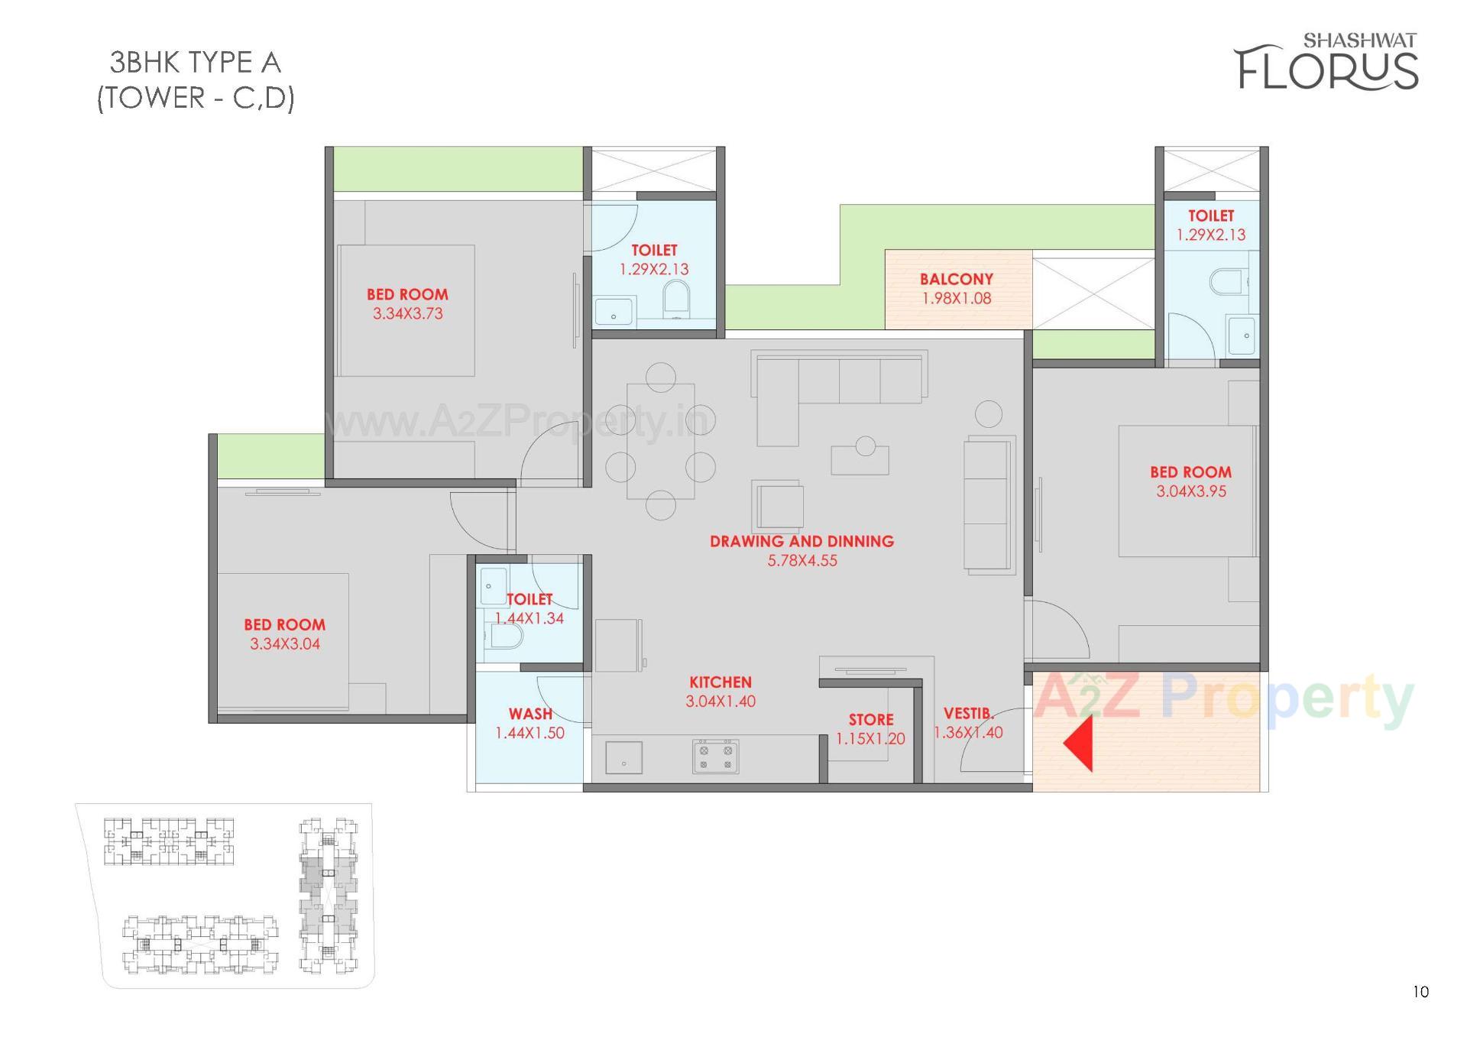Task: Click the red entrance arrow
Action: tap(1079, 743)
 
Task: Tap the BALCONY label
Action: tap(956, 280)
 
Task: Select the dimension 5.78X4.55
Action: tap(802, 561)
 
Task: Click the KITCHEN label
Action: tap(721, 682)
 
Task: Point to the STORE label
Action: tap(870, 720)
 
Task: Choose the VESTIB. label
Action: tap(968, 714)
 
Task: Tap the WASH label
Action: tap(530, 714)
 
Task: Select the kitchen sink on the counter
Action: tap(623, 758)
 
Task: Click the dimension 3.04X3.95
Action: tap(1190, 492)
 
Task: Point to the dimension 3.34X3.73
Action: tap(407, 313)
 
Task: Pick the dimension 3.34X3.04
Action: tap(285, 644)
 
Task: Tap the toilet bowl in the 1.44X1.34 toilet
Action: tap(505, 636)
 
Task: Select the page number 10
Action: tap(1420, 992)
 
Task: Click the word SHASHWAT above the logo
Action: tap(1359, 40)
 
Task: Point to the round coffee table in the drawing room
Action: tap(865, 446)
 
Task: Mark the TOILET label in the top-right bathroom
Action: tap(1210, 216)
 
